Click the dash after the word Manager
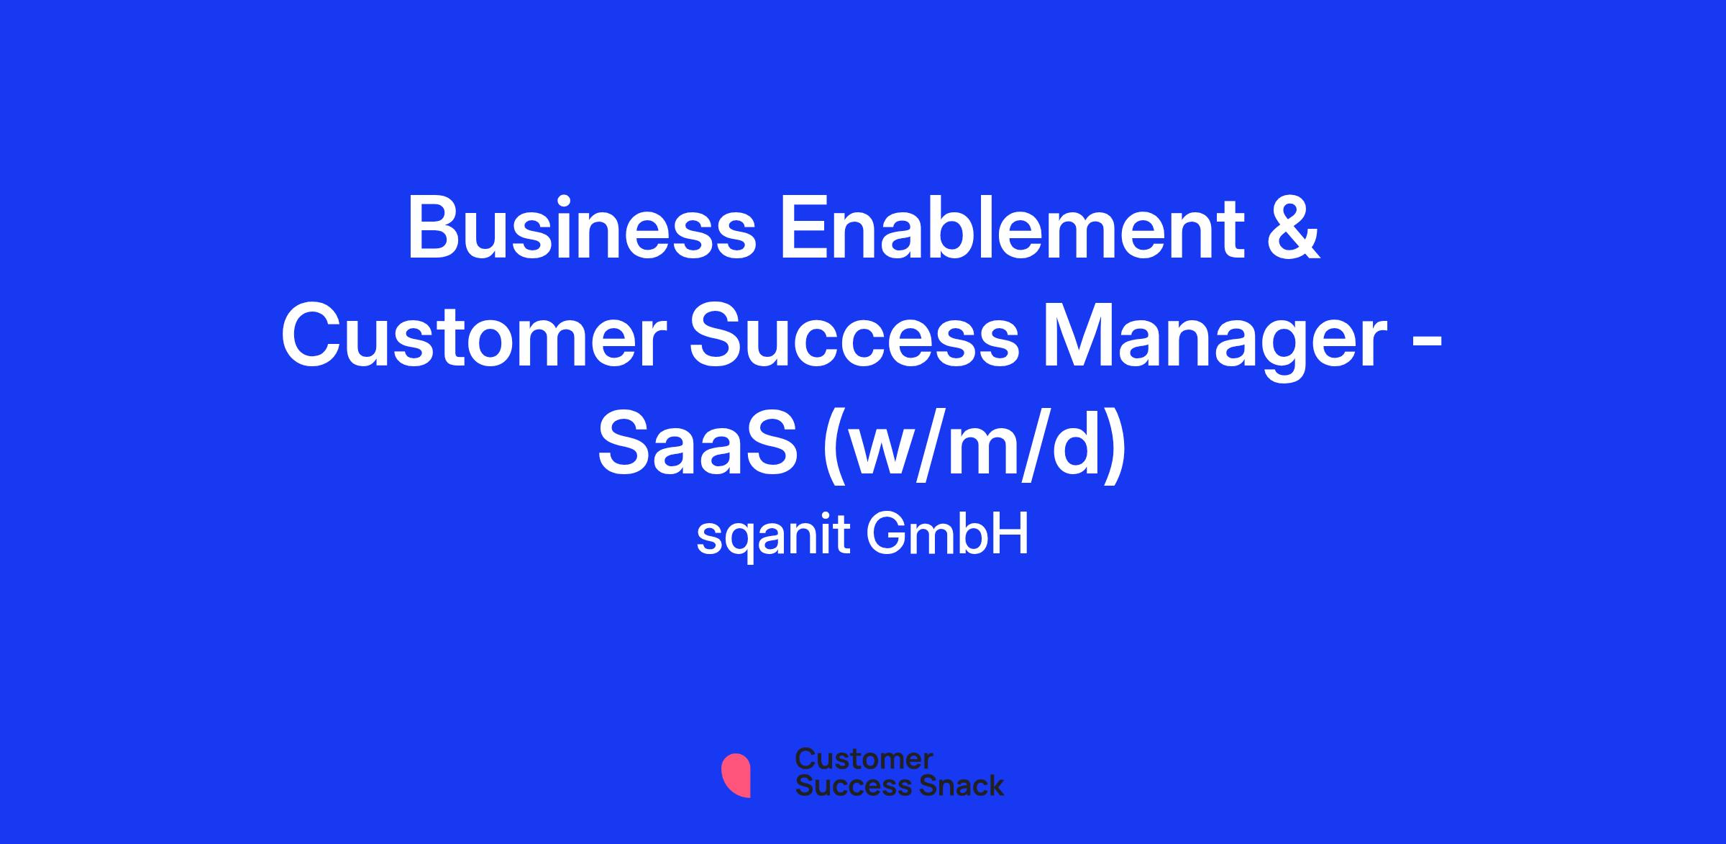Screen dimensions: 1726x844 pos(1427,342)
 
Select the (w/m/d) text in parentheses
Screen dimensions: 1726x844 pos(974,449)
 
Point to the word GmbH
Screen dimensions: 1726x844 pos(947,535)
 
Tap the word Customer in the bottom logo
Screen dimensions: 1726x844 pos(864,760)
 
